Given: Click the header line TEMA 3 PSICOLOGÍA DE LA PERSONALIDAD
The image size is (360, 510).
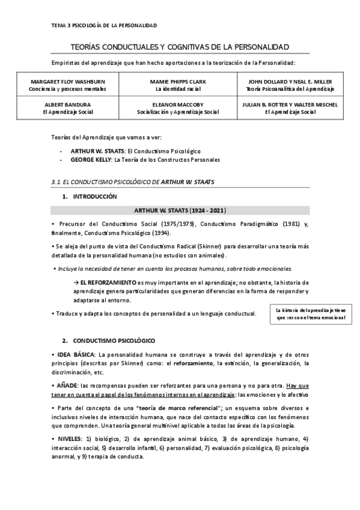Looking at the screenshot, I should click(x=104, y=25).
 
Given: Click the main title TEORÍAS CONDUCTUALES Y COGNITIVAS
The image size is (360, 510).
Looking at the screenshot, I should click(x=180, y=47).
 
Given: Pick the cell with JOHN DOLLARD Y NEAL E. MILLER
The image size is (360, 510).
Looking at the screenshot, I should click(x=290, y=85).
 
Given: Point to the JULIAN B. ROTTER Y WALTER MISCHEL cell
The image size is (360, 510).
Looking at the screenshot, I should click(x=290, y=108).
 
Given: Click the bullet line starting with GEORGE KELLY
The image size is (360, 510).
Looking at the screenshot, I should click(x=145, y=160).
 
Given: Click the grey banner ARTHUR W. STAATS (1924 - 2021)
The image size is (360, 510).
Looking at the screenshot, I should click(x=180, y=210).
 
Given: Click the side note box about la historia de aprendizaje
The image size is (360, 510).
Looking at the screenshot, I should click(x=311, y=314).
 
